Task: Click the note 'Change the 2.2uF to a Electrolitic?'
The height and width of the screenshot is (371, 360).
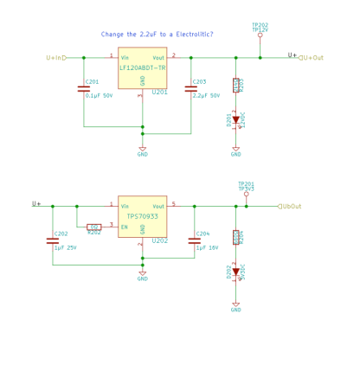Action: (157, 35)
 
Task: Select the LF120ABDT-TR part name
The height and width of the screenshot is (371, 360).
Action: (143, 67)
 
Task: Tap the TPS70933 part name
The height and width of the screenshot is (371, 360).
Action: (143, 217)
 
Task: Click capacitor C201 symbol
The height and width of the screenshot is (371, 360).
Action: (84, 88)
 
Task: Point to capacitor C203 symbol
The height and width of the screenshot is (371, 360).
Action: (191, 88)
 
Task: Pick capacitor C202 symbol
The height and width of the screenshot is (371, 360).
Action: (53, 240)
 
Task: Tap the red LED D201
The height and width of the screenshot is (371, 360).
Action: (235, 120)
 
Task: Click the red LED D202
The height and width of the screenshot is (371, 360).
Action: (235, 272)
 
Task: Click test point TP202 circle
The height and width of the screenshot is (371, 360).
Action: (260, 36)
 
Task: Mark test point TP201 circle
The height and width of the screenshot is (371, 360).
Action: (247, 194)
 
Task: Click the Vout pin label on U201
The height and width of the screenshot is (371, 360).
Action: (158, 58)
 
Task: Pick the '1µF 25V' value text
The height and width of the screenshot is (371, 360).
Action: (67, 247)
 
